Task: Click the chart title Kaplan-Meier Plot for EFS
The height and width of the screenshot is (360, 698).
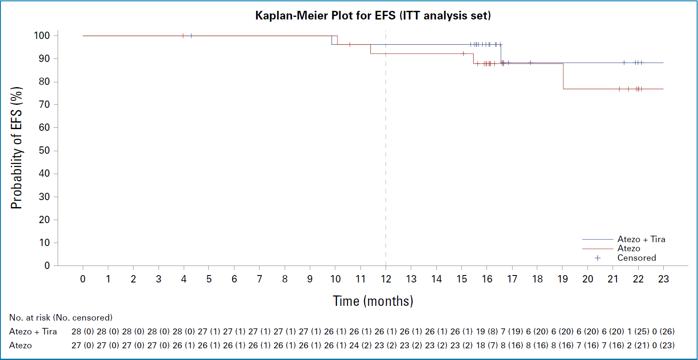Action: coord(373,16)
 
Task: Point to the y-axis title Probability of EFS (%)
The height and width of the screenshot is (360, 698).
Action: coord(16,148)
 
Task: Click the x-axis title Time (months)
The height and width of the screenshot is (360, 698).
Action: coord(373,301)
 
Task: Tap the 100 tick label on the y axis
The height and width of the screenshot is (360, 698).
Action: coord(42,36)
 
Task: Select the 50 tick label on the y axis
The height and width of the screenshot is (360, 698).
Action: coord(44,151)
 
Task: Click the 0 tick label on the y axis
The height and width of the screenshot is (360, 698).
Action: coord(47,266)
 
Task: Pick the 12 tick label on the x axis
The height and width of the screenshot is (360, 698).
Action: coord(386,279)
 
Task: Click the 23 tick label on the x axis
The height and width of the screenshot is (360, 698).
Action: coord(663,279)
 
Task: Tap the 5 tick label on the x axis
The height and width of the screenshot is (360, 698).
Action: coord(209,279)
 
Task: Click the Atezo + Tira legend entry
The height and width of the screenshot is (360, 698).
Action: coord(641,239)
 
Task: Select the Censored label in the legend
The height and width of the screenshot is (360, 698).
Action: coord(636,258)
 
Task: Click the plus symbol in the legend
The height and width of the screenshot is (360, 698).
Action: coord(597,258)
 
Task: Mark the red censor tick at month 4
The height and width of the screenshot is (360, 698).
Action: coord(183,36)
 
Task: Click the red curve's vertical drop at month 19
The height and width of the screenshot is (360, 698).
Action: coord(563,76)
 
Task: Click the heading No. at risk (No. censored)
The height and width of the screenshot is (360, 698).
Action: coord(61,318)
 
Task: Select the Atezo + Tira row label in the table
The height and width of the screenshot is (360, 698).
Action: coord(33,331)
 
